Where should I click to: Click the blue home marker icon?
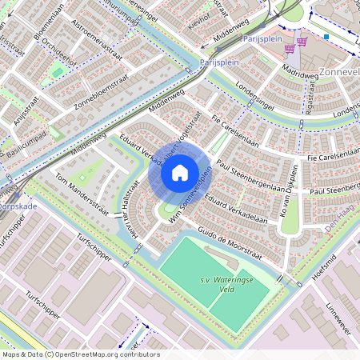coord(179,172)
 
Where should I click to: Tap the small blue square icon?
coord(326,37)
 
